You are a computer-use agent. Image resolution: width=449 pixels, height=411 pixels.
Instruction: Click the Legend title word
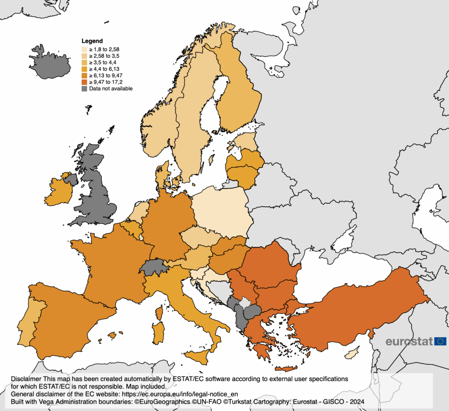point(92,41)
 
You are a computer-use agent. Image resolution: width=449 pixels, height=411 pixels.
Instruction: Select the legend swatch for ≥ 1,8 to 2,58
point(85,50)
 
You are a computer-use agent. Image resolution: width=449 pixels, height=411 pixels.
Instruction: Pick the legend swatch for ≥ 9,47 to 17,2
point(85,82)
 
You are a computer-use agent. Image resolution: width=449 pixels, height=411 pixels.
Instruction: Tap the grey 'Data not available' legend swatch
point(85,89)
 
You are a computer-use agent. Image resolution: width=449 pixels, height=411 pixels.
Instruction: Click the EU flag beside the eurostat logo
point(441,341)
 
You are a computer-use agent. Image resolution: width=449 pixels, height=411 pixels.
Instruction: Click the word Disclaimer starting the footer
point(26,378)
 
